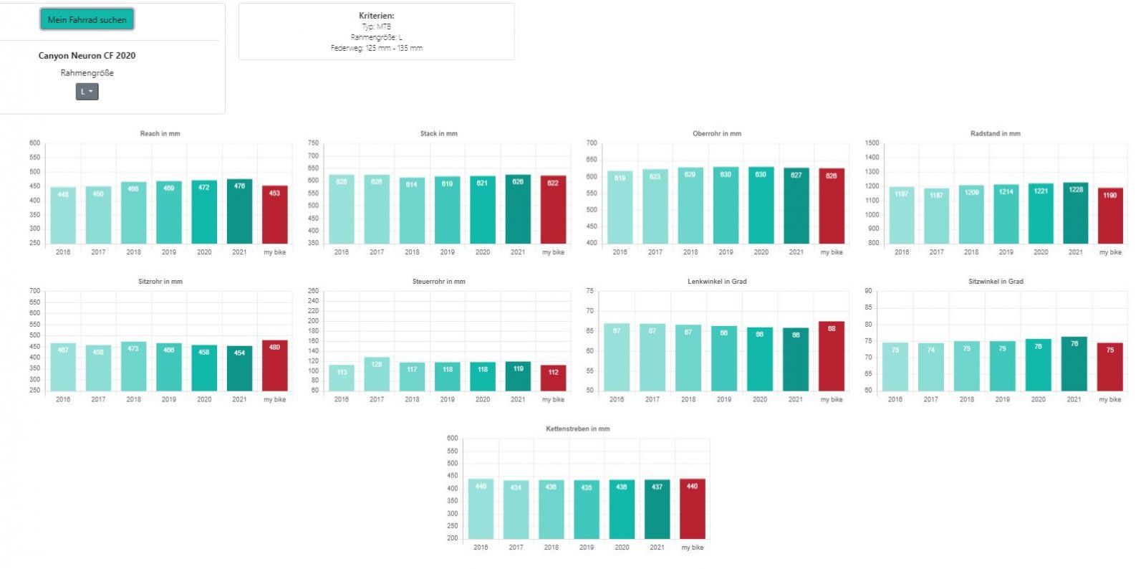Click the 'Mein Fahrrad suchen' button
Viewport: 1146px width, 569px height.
87,20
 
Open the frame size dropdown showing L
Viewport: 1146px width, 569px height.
87,92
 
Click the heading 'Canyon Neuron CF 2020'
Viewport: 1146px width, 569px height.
87,56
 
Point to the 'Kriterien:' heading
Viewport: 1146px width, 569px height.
376,16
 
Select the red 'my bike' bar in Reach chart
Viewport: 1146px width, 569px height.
274,215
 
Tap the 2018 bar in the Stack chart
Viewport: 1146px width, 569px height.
412,211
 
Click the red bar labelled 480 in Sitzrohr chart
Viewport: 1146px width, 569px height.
274,366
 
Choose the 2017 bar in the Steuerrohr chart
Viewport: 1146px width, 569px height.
377,374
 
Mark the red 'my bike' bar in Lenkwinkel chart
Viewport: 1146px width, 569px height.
831,356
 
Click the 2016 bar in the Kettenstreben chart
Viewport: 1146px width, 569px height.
481,510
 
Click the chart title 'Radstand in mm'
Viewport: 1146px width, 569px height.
995,133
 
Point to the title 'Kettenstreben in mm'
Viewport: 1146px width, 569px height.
577,429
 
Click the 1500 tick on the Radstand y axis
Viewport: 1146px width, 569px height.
872,143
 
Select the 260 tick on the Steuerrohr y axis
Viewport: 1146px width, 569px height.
313,291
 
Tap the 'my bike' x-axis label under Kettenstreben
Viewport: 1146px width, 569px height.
692,548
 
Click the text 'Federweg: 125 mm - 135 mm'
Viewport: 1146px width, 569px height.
376,48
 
